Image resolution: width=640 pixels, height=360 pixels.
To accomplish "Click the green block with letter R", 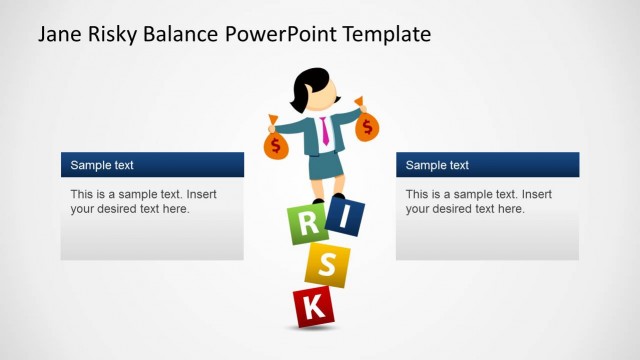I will [x=305, y=224].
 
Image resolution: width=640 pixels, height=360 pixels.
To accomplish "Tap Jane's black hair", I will [x=306, y=86].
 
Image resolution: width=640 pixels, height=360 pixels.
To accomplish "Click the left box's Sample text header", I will [x=102, y=165].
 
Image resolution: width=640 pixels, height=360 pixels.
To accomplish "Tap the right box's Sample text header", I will [x=437, y=165].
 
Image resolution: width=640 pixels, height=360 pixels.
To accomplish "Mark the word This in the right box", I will [x=418, y=194].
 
